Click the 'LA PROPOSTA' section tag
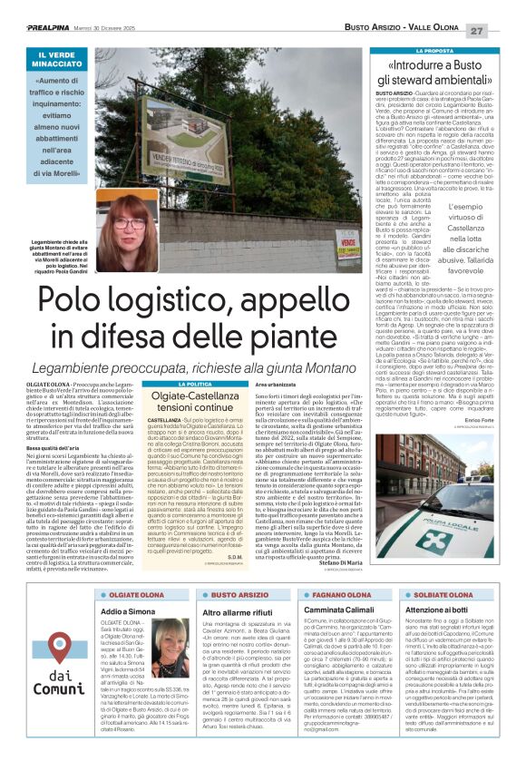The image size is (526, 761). [x=444, y=51]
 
